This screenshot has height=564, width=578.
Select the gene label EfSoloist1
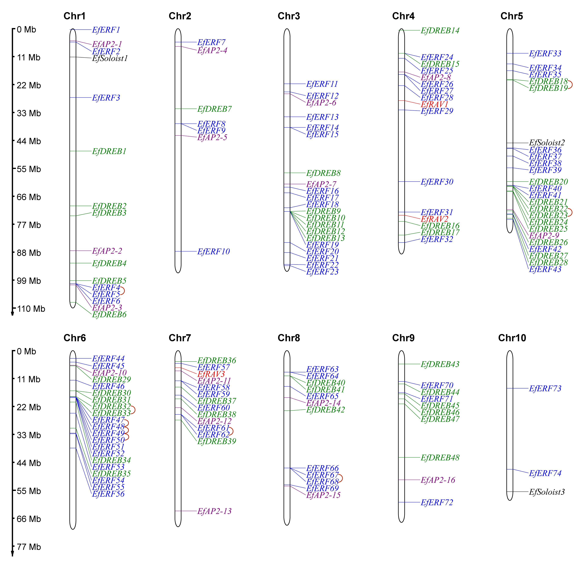[x=110, y=58]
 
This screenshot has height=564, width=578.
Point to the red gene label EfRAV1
[x=434, y=104]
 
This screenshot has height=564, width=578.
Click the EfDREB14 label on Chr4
[x=440, y=30]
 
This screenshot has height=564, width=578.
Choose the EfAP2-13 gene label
[x=214, y=511]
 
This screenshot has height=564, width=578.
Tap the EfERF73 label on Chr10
[x=545, y=388]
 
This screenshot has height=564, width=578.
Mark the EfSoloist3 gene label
[x=547, y=492]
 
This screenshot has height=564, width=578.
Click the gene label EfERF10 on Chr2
[x=213, y=252]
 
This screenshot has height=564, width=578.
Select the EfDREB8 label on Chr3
[x=323, y=173]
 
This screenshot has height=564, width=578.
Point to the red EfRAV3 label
[x=211, y=374]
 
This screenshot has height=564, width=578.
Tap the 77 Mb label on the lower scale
[x=29, y=547]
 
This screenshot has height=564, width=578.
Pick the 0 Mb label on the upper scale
[x=26, y=30]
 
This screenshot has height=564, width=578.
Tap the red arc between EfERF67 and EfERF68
[x=341, y=478]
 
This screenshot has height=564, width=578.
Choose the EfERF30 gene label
[x=437, y=182]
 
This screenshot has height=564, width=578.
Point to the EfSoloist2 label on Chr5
[x=547, y=143]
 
